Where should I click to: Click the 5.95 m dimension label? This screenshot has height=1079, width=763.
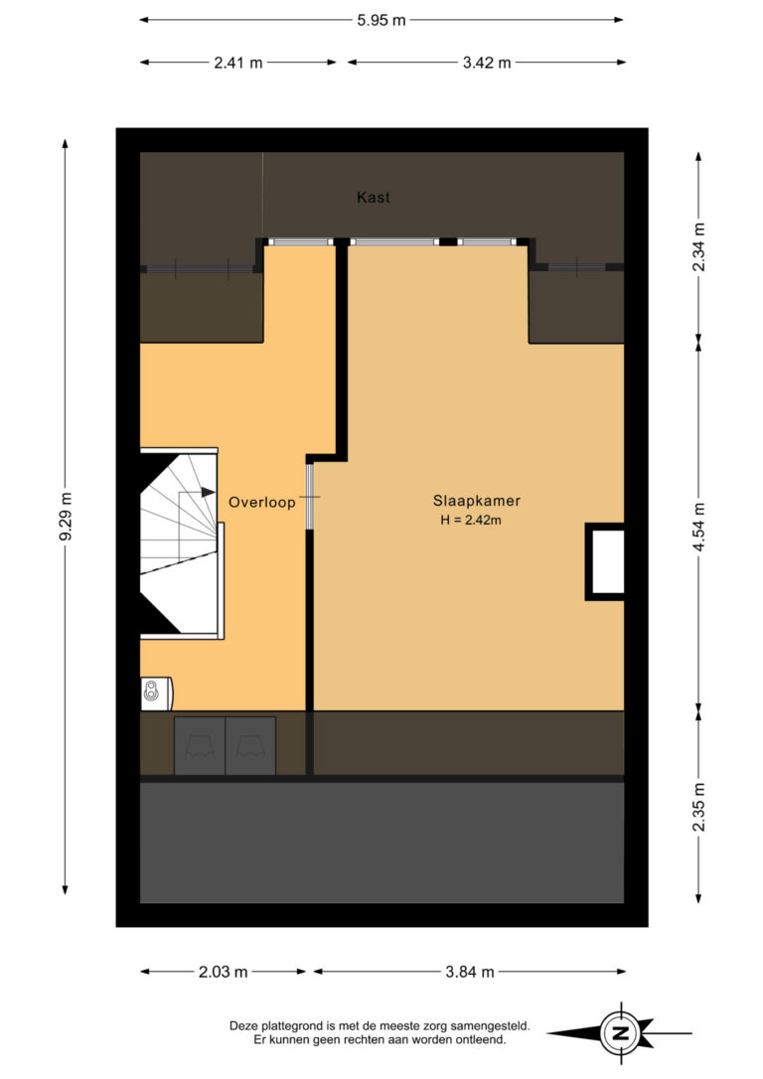(x=381, y=20)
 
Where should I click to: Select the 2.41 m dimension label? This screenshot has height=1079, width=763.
(x=238, y=63)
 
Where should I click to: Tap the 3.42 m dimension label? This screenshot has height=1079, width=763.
(x=487, y=63)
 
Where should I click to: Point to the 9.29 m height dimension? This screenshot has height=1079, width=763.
(x=66, y=517)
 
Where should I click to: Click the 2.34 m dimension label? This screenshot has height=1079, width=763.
(x=698, y=246)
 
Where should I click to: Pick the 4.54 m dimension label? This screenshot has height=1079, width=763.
(x=698, y=528)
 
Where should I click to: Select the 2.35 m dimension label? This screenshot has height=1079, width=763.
(x=698, y=807)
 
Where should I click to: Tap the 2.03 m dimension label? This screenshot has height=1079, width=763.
(x=223, y=972)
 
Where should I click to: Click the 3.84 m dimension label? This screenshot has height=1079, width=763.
(x=470, y=972)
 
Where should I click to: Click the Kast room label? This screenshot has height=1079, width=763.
(x=373, y=198)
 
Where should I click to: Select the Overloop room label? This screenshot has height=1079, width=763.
(x=262, y=503)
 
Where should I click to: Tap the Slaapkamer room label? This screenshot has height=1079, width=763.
(x=476, y=501)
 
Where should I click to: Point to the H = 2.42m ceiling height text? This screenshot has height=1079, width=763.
(x=471, y=521)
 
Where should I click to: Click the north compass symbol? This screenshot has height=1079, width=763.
(x=621, y=1032)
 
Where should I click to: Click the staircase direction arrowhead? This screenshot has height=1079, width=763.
(x=208, y=492)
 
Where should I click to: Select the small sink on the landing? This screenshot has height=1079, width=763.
(x=156, y=693)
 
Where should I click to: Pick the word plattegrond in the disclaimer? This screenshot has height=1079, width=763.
(x=285, y=1026)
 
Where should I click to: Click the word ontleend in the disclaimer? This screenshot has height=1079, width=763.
(x=483, y=1040)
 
